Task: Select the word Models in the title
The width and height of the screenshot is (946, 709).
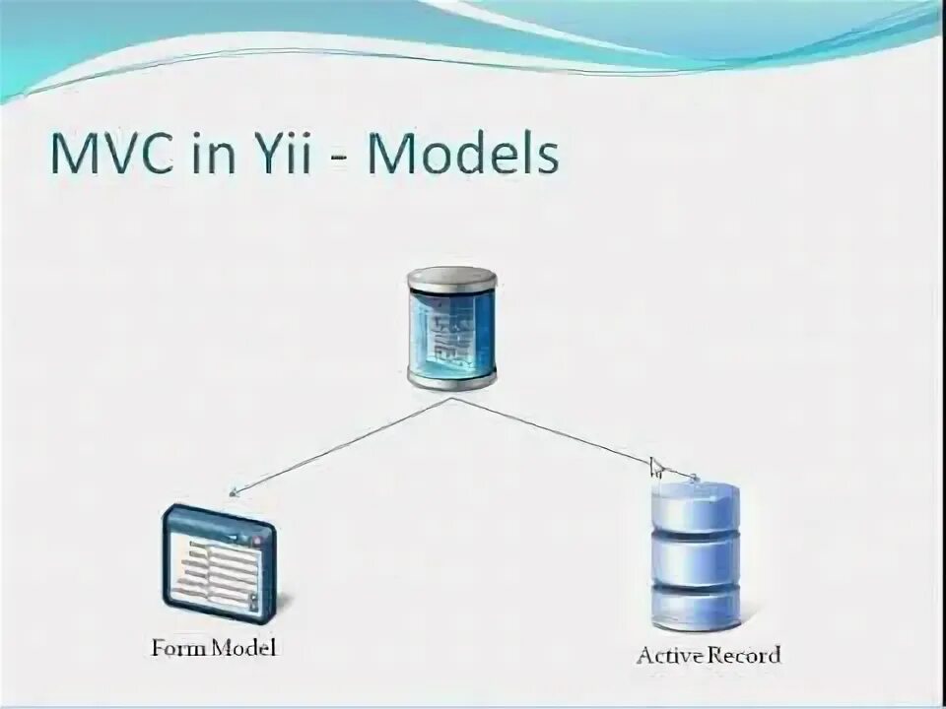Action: pyautogui.click(x=463, y=155)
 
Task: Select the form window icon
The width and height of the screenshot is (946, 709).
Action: pyautogui.click(x=219, y=562)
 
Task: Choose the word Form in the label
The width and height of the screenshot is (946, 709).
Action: pyautogui.click(x=176, y=648)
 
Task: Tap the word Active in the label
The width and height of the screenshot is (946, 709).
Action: pyautogui.click(x=666, y=655)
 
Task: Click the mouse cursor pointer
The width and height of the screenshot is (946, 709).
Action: pyautogui.click(x=656, y=465)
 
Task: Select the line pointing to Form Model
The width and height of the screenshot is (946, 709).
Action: pyautogui.click(x=340, y=444)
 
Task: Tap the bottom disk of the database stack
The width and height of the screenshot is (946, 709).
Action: pyautogui.click(x=695, y=612)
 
